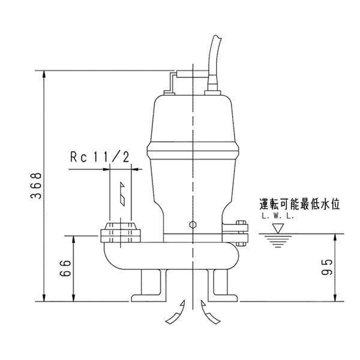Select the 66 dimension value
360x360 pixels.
(x=65, y=267)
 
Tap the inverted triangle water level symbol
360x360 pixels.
(x=277, y=229)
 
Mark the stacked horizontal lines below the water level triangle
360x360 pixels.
(x=277, y=241)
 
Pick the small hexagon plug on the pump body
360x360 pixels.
(x=192, y=226)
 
